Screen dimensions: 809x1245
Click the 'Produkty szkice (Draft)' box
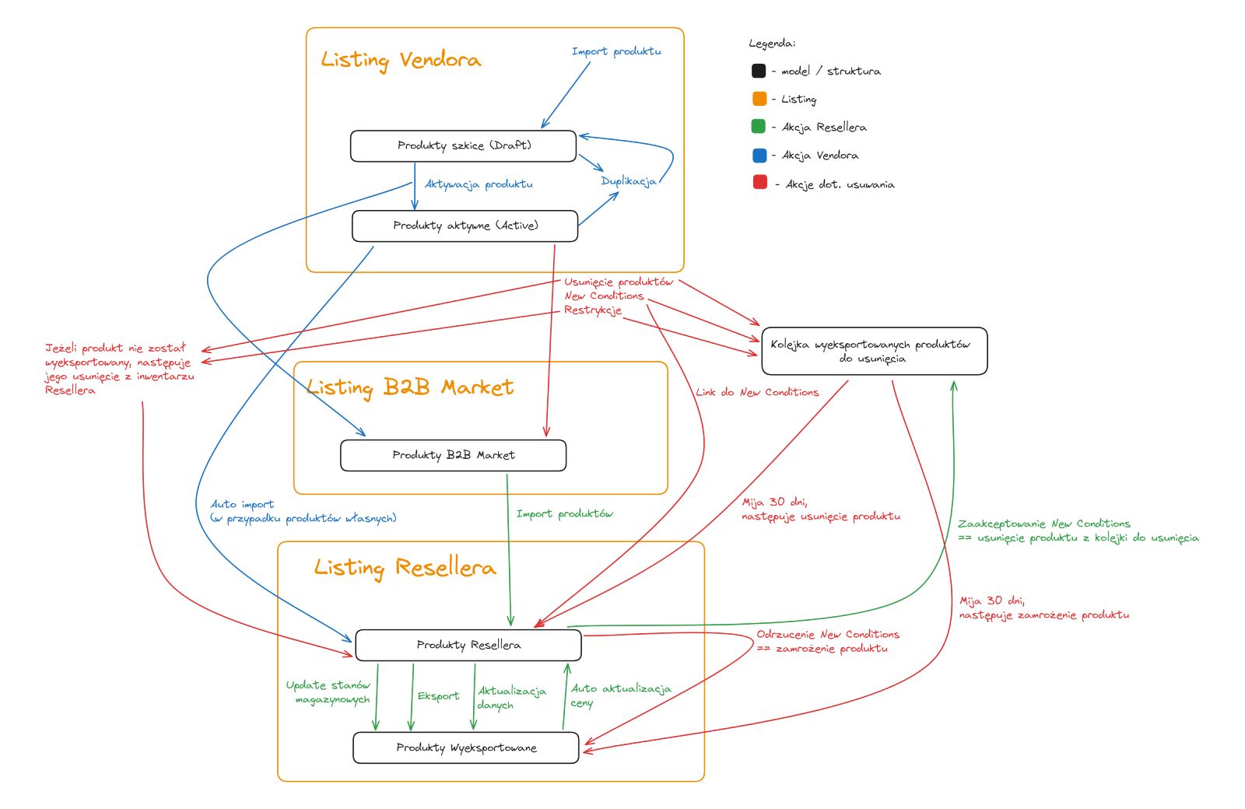tap(463, 146)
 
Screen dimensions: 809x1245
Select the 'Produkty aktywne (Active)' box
tap(465, 226)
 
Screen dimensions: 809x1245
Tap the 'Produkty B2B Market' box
tap(453, 455)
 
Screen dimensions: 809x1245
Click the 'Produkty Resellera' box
tap(468, 645)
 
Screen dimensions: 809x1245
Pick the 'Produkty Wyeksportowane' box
tap(466, 748)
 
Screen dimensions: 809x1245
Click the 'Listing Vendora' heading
tap(401, 60)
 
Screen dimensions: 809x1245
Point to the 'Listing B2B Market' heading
tap(410, 387)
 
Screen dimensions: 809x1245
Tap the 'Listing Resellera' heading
tap(405, 567)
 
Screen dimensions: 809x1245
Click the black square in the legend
tap(759, 71)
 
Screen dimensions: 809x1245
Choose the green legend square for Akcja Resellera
tap(759, 127)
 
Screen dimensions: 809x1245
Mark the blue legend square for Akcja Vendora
tap(759, 156)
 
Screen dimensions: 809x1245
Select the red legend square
tap(760, 183)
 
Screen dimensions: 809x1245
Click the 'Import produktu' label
tap(616, 51)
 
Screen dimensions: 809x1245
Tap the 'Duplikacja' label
tap(628, 181)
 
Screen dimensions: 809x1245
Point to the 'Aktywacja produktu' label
tap(479, 184)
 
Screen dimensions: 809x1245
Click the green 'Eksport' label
tap(438, 696)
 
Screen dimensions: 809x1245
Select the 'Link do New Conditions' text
tap(757, 392)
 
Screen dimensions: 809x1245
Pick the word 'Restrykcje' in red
tap(593, 310)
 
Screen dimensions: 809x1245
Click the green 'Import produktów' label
tap(564, 513)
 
